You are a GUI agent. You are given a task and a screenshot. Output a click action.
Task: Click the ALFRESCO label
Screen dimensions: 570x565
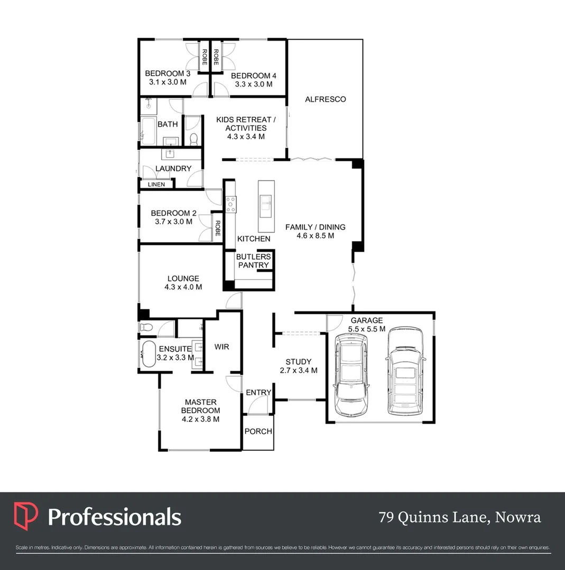click(x=325, y=99)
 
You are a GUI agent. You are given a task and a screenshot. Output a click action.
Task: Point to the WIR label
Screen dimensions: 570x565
click(x=222, y=347)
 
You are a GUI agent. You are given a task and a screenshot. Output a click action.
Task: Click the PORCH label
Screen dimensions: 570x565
click(x=258, y=431)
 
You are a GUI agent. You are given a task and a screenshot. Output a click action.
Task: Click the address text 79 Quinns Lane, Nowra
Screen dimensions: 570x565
click(x=460, y=517)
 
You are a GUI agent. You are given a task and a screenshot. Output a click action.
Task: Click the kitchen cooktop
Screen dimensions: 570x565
click(x=231, y=203)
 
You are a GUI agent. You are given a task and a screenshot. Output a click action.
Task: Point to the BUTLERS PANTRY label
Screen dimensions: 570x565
click(x=253, y=261)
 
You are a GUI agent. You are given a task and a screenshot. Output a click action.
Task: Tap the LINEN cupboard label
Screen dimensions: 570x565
click(x=156, y=184)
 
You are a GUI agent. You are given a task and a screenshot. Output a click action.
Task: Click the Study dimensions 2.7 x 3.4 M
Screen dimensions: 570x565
click(x=298, y=370)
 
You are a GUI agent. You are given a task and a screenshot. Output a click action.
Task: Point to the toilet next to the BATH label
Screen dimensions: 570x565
click(x=193, y=139)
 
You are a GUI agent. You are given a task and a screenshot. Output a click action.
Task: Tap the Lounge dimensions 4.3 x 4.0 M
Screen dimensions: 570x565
click(x=183, y=287)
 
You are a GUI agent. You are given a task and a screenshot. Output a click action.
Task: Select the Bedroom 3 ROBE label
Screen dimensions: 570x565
click(x=205, y=56)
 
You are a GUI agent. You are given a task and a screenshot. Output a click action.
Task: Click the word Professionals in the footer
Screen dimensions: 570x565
click(x=115, y=517)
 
